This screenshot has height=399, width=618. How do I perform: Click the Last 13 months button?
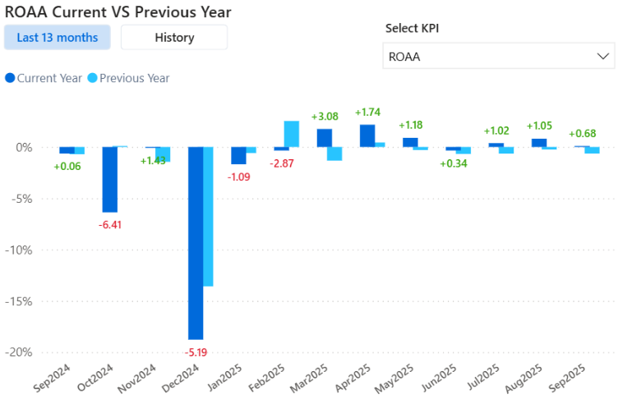click(x=57, y=37)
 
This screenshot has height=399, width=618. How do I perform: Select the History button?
click(x=174, y=37)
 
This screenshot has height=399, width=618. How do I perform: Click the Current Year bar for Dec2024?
click(x=196, y=243)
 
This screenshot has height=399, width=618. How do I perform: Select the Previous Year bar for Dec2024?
click(x=208, y=217)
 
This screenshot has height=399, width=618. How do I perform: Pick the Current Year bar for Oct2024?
click(x=109, y=179)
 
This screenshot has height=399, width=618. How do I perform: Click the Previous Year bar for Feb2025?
click(x=292, y=134)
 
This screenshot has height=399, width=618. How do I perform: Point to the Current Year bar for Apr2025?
click(x=367, y=135)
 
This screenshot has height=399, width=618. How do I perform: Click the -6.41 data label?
click(x=110, y=224)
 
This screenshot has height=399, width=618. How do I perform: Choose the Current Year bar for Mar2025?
click(x=325, y=138)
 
